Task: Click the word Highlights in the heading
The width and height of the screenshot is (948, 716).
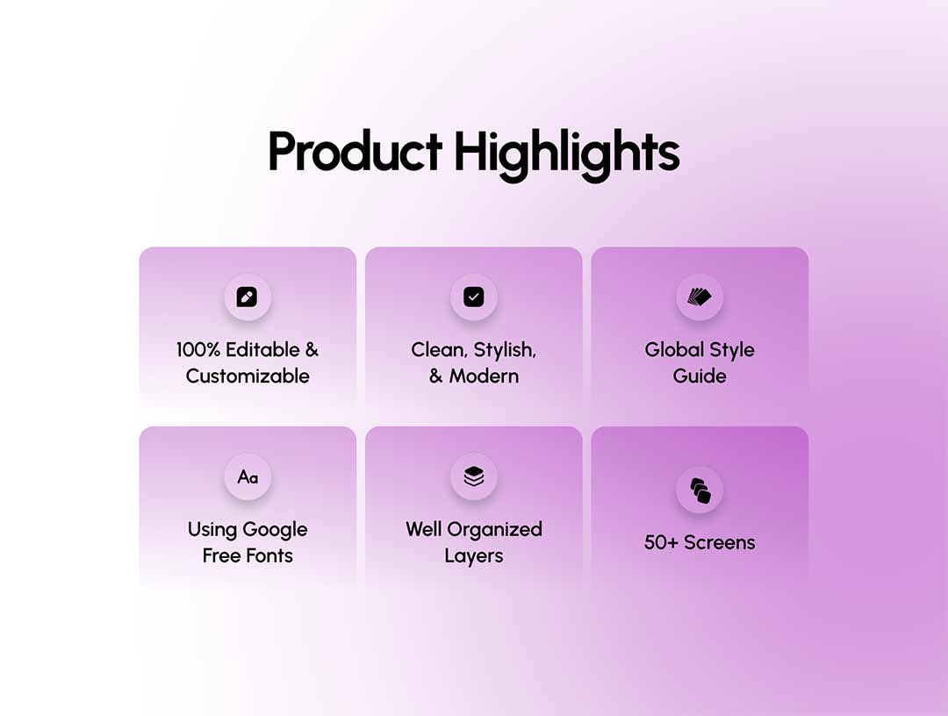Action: pyautogui.click(x=567, y=154)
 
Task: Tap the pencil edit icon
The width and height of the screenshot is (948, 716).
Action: pyautogui.click(x=248, y=297)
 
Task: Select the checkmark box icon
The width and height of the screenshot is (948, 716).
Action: pyautogui.click(x=473, y=297)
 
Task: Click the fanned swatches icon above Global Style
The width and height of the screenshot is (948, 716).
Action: pyautogui.click(x=700, y=297)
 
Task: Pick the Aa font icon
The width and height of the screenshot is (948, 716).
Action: pyautogui.click(x=248, y=477)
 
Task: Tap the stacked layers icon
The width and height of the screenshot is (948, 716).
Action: pyautogui.click(x=473, y=476)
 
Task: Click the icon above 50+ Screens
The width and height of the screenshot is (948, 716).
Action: pyautogui.click(x=700, y=490)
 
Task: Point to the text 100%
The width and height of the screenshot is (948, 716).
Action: pyautogui.click(x=198, y=350)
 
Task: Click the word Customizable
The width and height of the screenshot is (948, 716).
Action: pyautogui.click(x=248, y=376)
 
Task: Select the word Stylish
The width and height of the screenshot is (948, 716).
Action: pyautogui.click(x=505, y=350)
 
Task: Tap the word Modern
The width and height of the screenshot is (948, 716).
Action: pyautogui.click(x=484, y=376)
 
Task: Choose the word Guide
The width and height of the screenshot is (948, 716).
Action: pyautogui.click(x=700, y=376)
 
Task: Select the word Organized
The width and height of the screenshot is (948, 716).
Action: pyautogui.click(x=494, y=531)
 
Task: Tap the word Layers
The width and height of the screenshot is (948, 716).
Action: pyautogui.click(x=473, y=556)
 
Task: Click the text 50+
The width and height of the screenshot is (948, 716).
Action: pyautogui.click(x=662, y=542)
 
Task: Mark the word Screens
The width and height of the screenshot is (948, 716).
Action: pyautogui.click(x=720, y=542)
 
